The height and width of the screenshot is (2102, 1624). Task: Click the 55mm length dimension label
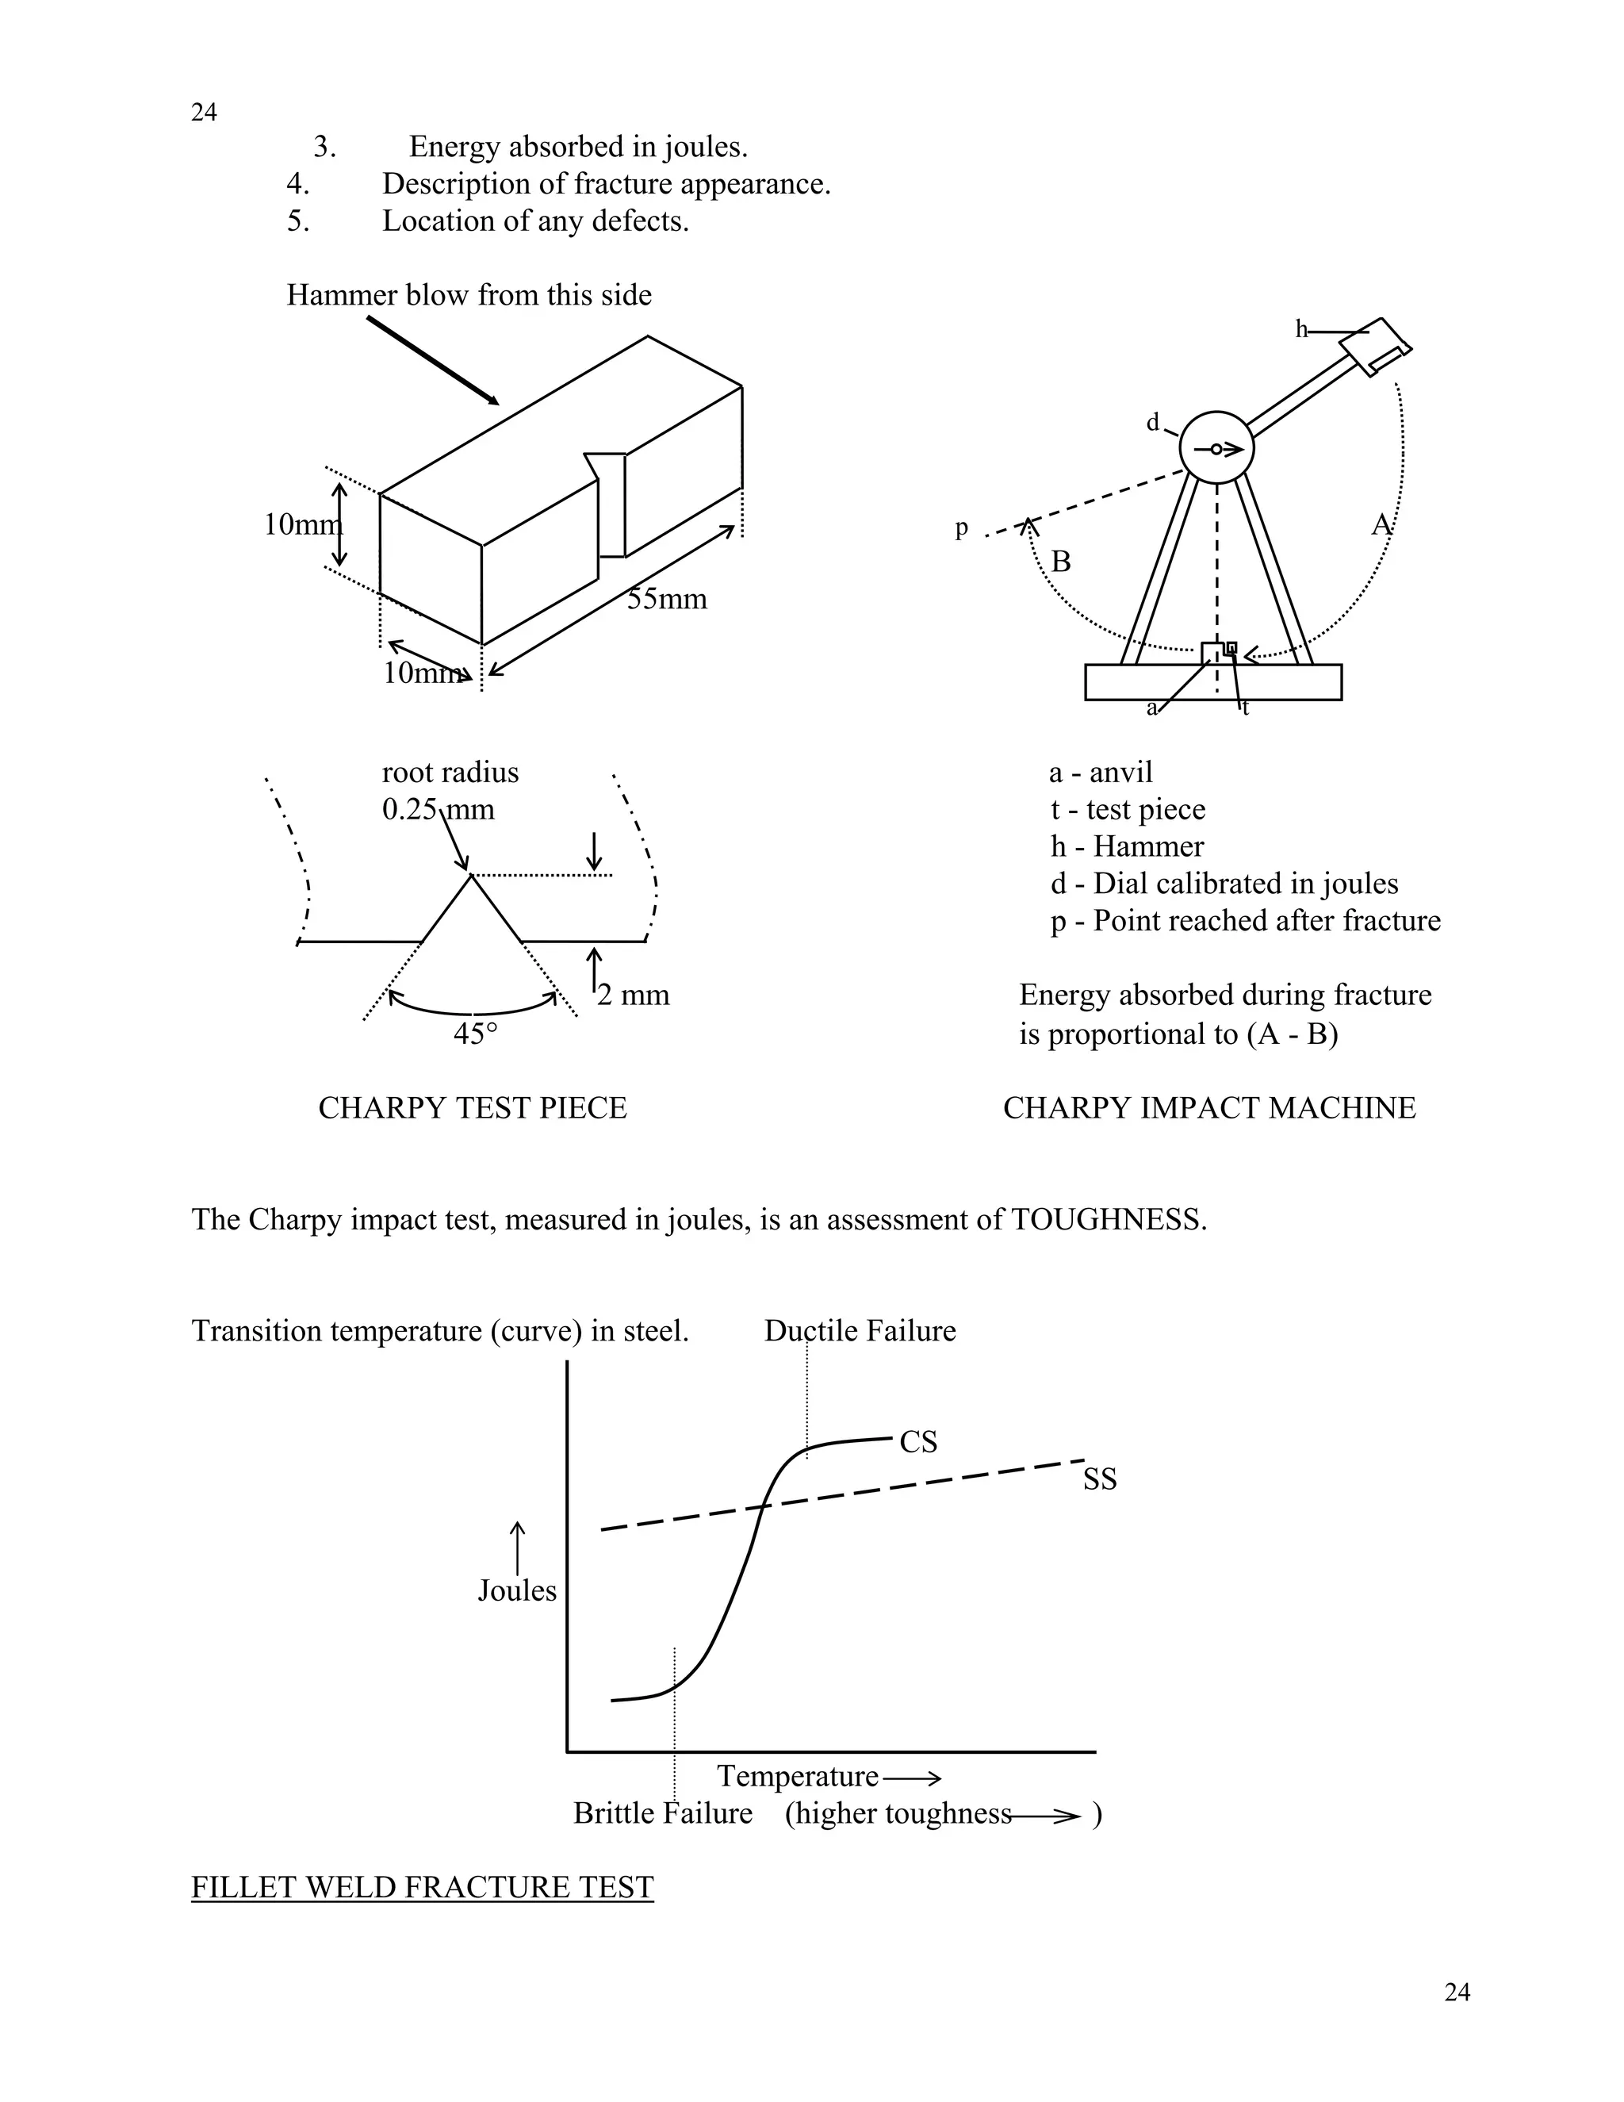tap(667, 600)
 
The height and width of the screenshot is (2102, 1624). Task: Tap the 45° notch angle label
tap(475, 1034)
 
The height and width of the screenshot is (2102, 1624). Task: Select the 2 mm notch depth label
tap(633, 994)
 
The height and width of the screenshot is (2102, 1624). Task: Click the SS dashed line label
tap(1100, 1479)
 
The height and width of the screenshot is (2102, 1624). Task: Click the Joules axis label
tap(517, 1590)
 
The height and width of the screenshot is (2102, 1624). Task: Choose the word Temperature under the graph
tap(798, 1776)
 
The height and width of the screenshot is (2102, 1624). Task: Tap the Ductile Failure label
tap(859, 1331)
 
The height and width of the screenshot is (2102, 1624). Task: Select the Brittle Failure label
tap(662, 1813)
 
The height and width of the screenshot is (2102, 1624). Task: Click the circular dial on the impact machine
tap(1216, 448)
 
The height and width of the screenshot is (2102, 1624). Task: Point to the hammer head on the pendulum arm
tap(1377, 344)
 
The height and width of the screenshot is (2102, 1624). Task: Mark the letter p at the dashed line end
tap(961, 528)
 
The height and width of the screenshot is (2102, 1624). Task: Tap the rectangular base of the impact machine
tap(1212, 682)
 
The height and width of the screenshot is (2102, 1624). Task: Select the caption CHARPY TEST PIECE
tap(473, 1108)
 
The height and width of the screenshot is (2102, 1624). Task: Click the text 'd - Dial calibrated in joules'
tap(1224, 884)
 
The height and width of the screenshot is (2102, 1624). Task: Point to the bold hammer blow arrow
tap(432, 360)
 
